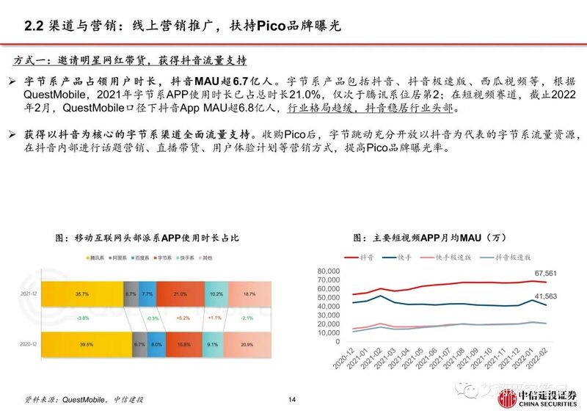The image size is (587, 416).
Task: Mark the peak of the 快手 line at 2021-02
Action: (379, 296)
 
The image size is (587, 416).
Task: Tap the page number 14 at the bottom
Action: (292, 399)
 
